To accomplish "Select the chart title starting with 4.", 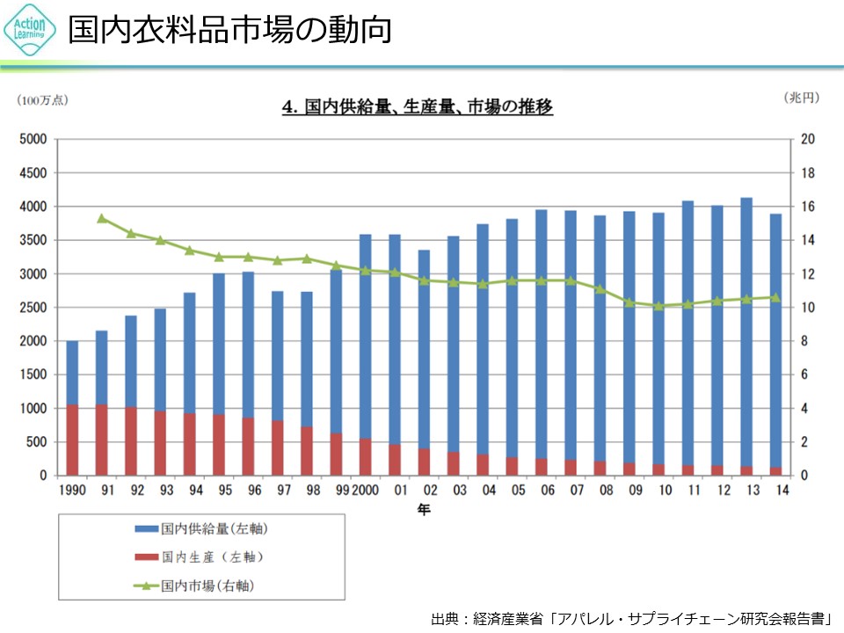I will point(417,107).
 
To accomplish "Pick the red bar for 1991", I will point(102,440).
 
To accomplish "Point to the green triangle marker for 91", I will point(102,218).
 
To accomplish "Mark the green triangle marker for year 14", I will point(775,297).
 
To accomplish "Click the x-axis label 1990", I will point(72,490).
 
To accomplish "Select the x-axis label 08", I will point(607,490).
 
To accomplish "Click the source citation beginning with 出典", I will point(631,618).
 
